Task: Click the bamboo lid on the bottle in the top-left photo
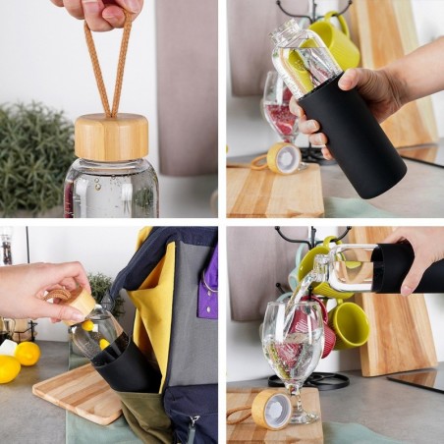[111, 137]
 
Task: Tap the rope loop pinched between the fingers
[108, 59]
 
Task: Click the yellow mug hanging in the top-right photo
[335, 45]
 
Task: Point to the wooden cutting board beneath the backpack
[79, 392]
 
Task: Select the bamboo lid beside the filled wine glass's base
[270, 408]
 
